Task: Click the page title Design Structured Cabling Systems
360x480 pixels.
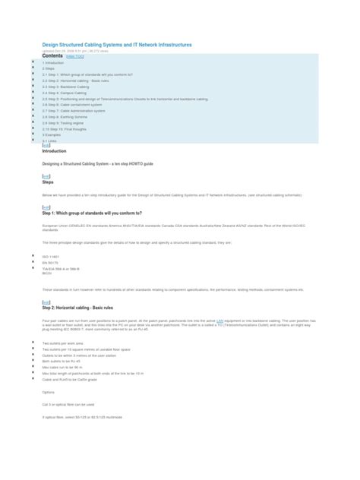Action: [117, 45]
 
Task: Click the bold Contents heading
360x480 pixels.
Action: [53, 56]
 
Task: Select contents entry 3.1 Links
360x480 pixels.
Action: [52, 141]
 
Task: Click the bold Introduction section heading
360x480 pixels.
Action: [55, 151]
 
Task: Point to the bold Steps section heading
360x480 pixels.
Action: [48, 182]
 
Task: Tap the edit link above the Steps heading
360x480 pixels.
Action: [46, 176]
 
